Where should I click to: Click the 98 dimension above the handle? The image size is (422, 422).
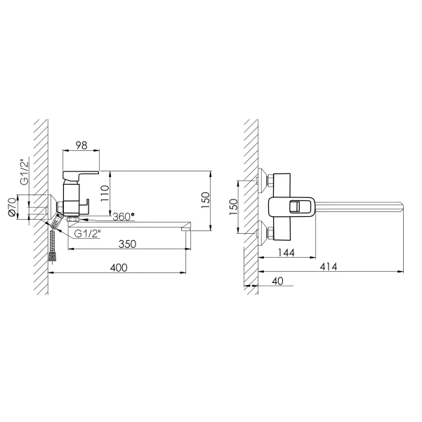pyautogui.click(x=81, y=145)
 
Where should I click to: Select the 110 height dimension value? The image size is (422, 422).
pyautogui.click(x=105, y=193)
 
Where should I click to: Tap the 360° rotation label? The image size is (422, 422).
pyautogui.click(x=124, y=217)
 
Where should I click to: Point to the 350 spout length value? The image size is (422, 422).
pyautogui.click(x=127, y=244)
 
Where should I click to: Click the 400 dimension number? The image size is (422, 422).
pyautogui.click(x=119, y=268)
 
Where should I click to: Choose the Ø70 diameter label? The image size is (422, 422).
pyautogui.click(x=12, y=206)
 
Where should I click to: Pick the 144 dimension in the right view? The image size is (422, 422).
pyautogui.click(x=286, y=253)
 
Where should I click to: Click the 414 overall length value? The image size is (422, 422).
pyautogui.click(x=329, y=267)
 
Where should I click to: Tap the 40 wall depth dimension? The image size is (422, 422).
pyautogui.click(x=277, y=281)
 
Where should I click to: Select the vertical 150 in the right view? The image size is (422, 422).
pyautogui.click(x=234, y=206)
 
